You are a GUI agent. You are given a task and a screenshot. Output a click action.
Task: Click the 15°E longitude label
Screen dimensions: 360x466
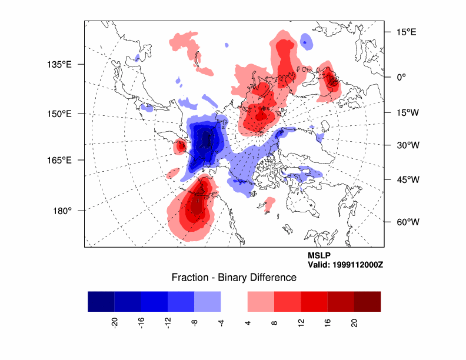click(x=405, y=32)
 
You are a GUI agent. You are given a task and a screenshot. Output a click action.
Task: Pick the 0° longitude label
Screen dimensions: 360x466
click(x=402, y=77)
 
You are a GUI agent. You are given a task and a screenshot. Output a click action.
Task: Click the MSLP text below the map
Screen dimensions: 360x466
click(x=319, y=256)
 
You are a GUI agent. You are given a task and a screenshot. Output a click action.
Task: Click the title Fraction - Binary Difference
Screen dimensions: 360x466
click(x=234, y=278)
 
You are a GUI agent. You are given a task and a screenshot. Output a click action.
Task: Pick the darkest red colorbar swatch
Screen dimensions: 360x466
click(x=367, y=301)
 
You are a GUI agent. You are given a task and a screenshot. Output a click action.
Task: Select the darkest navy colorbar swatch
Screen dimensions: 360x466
click(x=101, y=301)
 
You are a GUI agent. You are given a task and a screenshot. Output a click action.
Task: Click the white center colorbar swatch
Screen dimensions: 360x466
click(x=234, y=301)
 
